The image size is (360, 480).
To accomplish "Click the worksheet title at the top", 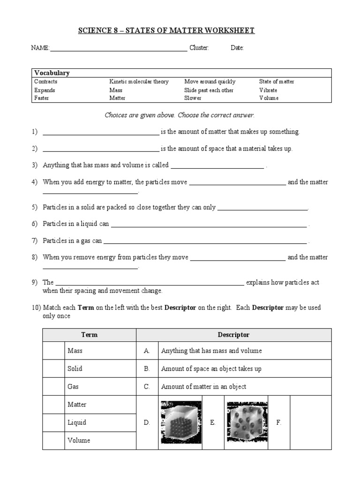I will click(166, 30).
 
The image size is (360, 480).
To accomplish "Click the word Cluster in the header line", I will click(199, 48).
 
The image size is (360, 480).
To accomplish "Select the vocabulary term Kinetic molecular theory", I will click(139, 82).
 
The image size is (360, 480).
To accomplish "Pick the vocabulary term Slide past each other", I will click(209, 90).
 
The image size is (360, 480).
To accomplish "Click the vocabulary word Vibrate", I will click(268, 90).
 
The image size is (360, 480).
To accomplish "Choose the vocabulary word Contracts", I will click(46, 82).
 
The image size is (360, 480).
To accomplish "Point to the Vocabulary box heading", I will click(52, 73).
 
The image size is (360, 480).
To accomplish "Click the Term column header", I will click(89, 335).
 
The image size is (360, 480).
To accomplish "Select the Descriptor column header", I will click(233, 335).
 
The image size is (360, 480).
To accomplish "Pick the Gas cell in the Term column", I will click(75, 387).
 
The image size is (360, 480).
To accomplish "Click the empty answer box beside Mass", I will click(53, 351).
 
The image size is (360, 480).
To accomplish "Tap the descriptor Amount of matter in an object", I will click(203, 387).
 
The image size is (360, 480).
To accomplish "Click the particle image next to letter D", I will click(181, 422).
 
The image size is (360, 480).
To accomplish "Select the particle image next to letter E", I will click(247, 422).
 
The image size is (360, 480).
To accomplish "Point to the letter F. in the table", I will click(279, 422).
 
